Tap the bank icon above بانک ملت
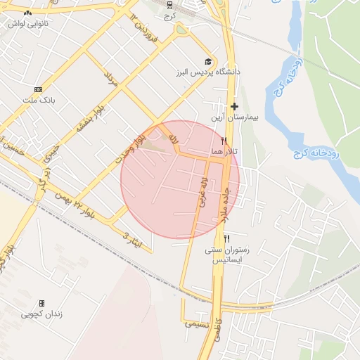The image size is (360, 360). [x=38, y=89]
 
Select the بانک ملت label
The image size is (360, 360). [x=38, y=100]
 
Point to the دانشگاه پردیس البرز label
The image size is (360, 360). [x=208, y=72]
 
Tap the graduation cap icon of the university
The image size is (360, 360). [x=207, y=61]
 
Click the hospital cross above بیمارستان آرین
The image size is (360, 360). [x=234, y=106]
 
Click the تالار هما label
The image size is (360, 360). [x=224, y=152]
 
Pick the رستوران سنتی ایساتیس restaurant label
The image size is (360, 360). [x=226, y=255]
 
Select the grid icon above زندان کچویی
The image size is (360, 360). [x=41, y=303]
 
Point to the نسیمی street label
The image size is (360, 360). [x=196, y=324]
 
